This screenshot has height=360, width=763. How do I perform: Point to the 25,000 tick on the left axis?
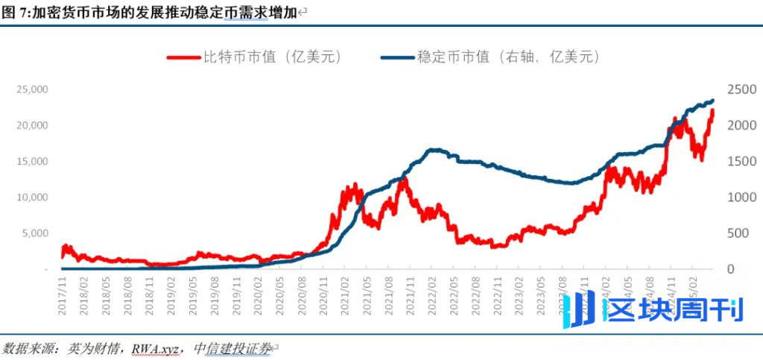tap(33, 89)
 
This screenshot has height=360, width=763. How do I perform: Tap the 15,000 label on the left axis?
tap(33, 162)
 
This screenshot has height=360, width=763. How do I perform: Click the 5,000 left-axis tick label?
tap(36, 233)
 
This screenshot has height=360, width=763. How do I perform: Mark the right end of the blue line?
tap(712, 101)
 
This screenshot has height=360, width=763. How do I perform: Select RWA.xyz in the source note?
tap(156, 348)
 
